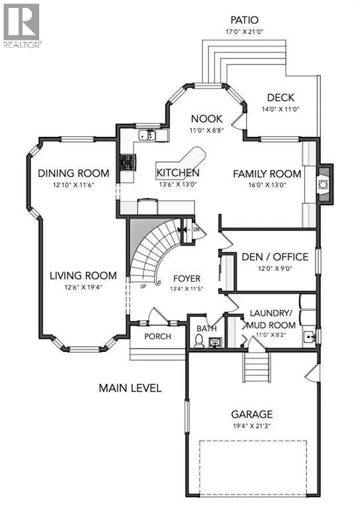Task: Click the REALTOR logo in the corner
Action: point(22,25)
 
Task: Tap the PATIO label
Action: point(244,21)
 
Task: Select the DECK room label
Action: point(280,98)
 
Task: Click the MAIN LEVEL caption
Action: point(130,388)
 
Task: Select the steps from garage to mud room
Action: point(255,366)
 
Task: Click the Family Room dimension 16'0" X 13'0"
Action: point(266,185)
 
